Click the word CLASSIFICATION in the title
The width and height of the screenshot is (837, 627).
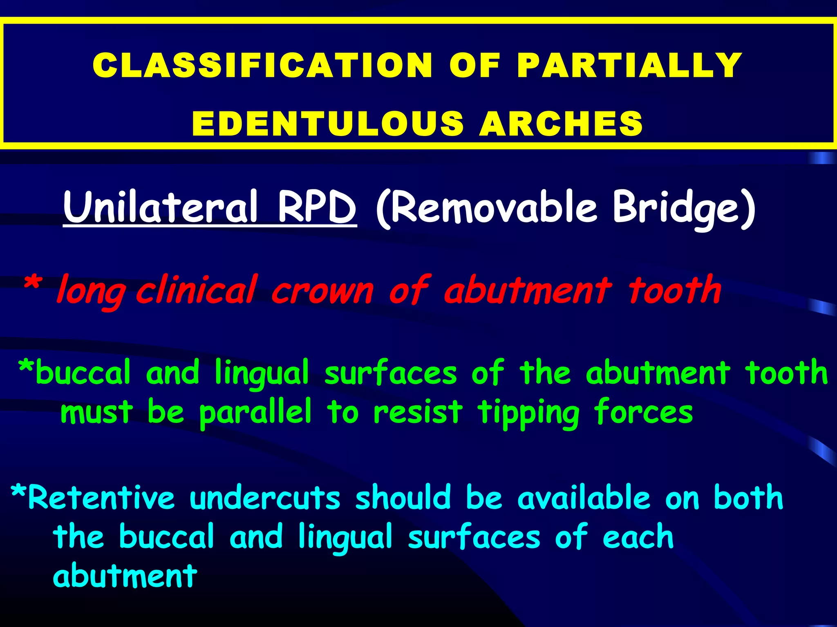(262, 65)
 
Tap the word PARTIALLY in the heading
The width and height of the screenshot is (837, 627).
(629, 65)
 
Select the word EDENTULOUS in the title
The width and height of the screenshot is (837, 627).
(327, 123)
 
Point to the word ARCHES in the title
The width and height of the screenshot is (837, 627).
(561, 123)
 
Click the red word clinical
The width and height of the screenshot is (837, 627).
(196, 290)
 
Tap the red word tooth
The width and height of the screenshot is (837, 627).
(675, 290)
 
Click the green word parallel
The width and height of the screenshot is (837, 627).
(255, 412)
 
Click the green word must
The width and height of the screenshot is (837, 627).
(96, 412)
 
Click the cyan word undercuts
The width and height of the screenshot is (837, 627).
(265, 498)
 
